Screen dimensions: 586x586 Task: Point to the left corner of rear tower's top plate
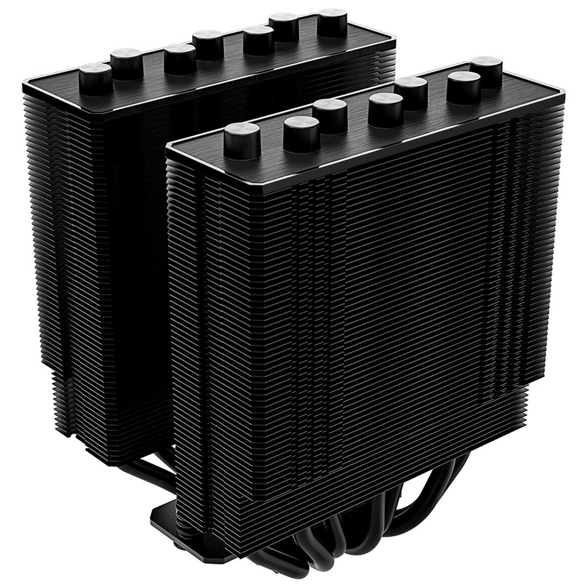(x=22, y=88)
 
